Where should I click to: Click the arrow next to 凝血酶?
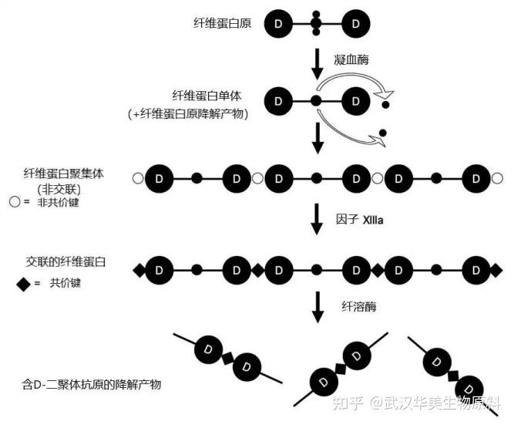pos(316,63)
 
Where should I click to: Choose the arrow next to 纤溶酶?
pos(316,307)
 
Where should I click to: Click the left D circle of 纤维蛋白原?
pos(277,25)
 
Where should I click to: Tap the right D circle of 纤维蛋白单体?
pos(354,100)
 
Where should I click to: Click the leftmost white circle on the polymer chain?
pos(137,179)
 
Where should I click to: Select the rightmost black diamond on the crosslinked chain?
pos(496,270)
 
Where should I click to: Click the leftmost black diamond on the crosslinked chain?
pos(139,270)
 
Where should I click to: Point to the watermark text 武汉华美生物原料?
pos(448,403)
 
